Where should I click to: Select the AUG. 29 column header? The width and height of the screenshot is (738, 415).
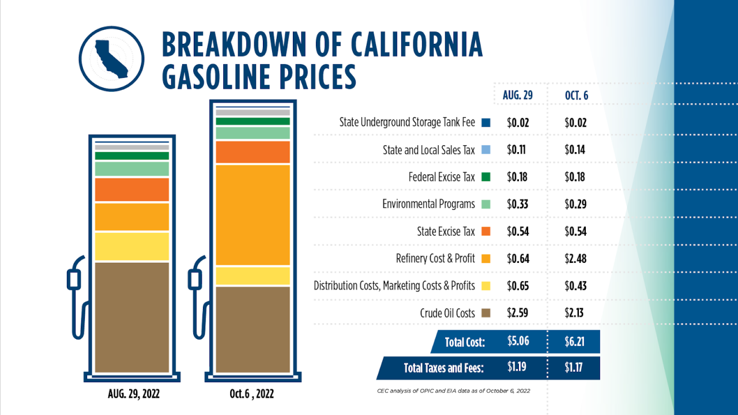point(517,95)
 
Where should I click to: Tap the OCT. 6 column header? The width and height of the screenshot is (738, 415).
point(576,95)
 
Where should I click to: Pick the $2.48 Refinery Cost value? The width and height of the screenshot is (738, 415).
point(575,259)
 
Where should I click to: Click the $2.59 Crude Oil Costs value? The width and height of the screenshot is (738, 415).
point(518,313)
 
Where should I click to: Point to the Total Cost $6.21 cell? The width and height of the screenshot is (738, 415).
point(575,342)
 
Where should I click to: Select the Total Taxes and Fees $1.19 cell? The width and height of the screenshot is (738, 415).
point(518,366)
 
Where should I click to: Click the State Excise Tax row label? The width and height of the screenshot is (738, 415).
point(446,231)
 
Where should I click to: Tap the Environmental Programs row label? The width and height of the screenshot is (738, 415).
point(428,204)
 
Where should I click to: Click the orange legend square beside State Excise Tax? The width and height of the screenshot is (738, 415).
point(485,232)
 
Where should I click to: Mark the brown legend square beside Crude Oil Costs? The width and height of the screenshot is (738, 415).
point(485,314)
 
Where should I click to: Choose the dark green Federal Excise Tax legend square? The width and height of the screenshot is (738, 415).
point(485,177)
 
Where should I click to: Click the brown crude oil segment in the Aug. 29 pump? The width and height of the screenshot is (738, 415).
point(132,316)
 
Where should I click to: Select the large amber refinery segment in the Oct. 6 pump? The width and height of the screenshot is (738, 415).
point(253,214)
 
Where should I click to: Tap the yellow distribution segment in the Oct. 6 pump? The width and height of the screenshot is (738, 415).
point(253,276)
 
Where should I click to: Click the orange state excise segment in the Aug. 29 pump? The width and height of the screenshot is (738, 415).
point(132,190)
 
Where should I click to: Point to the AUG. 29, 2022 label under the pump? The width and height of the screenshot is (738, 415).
point(134,394)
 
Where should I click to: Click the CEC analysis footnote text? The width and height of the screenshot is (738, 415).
point(453,391)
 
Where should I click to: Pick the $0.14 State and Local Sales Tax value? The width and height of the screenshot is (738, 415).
point(575,150)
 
